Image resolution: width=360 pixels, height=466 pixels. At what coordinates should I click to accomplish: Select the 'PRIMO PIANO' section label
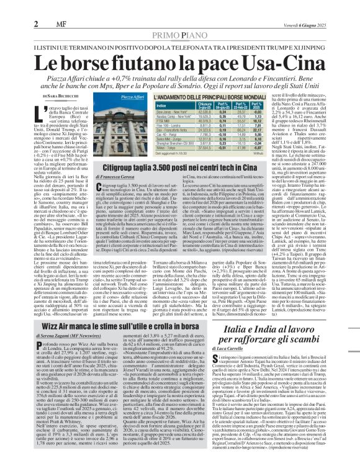tap(180, 18)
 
